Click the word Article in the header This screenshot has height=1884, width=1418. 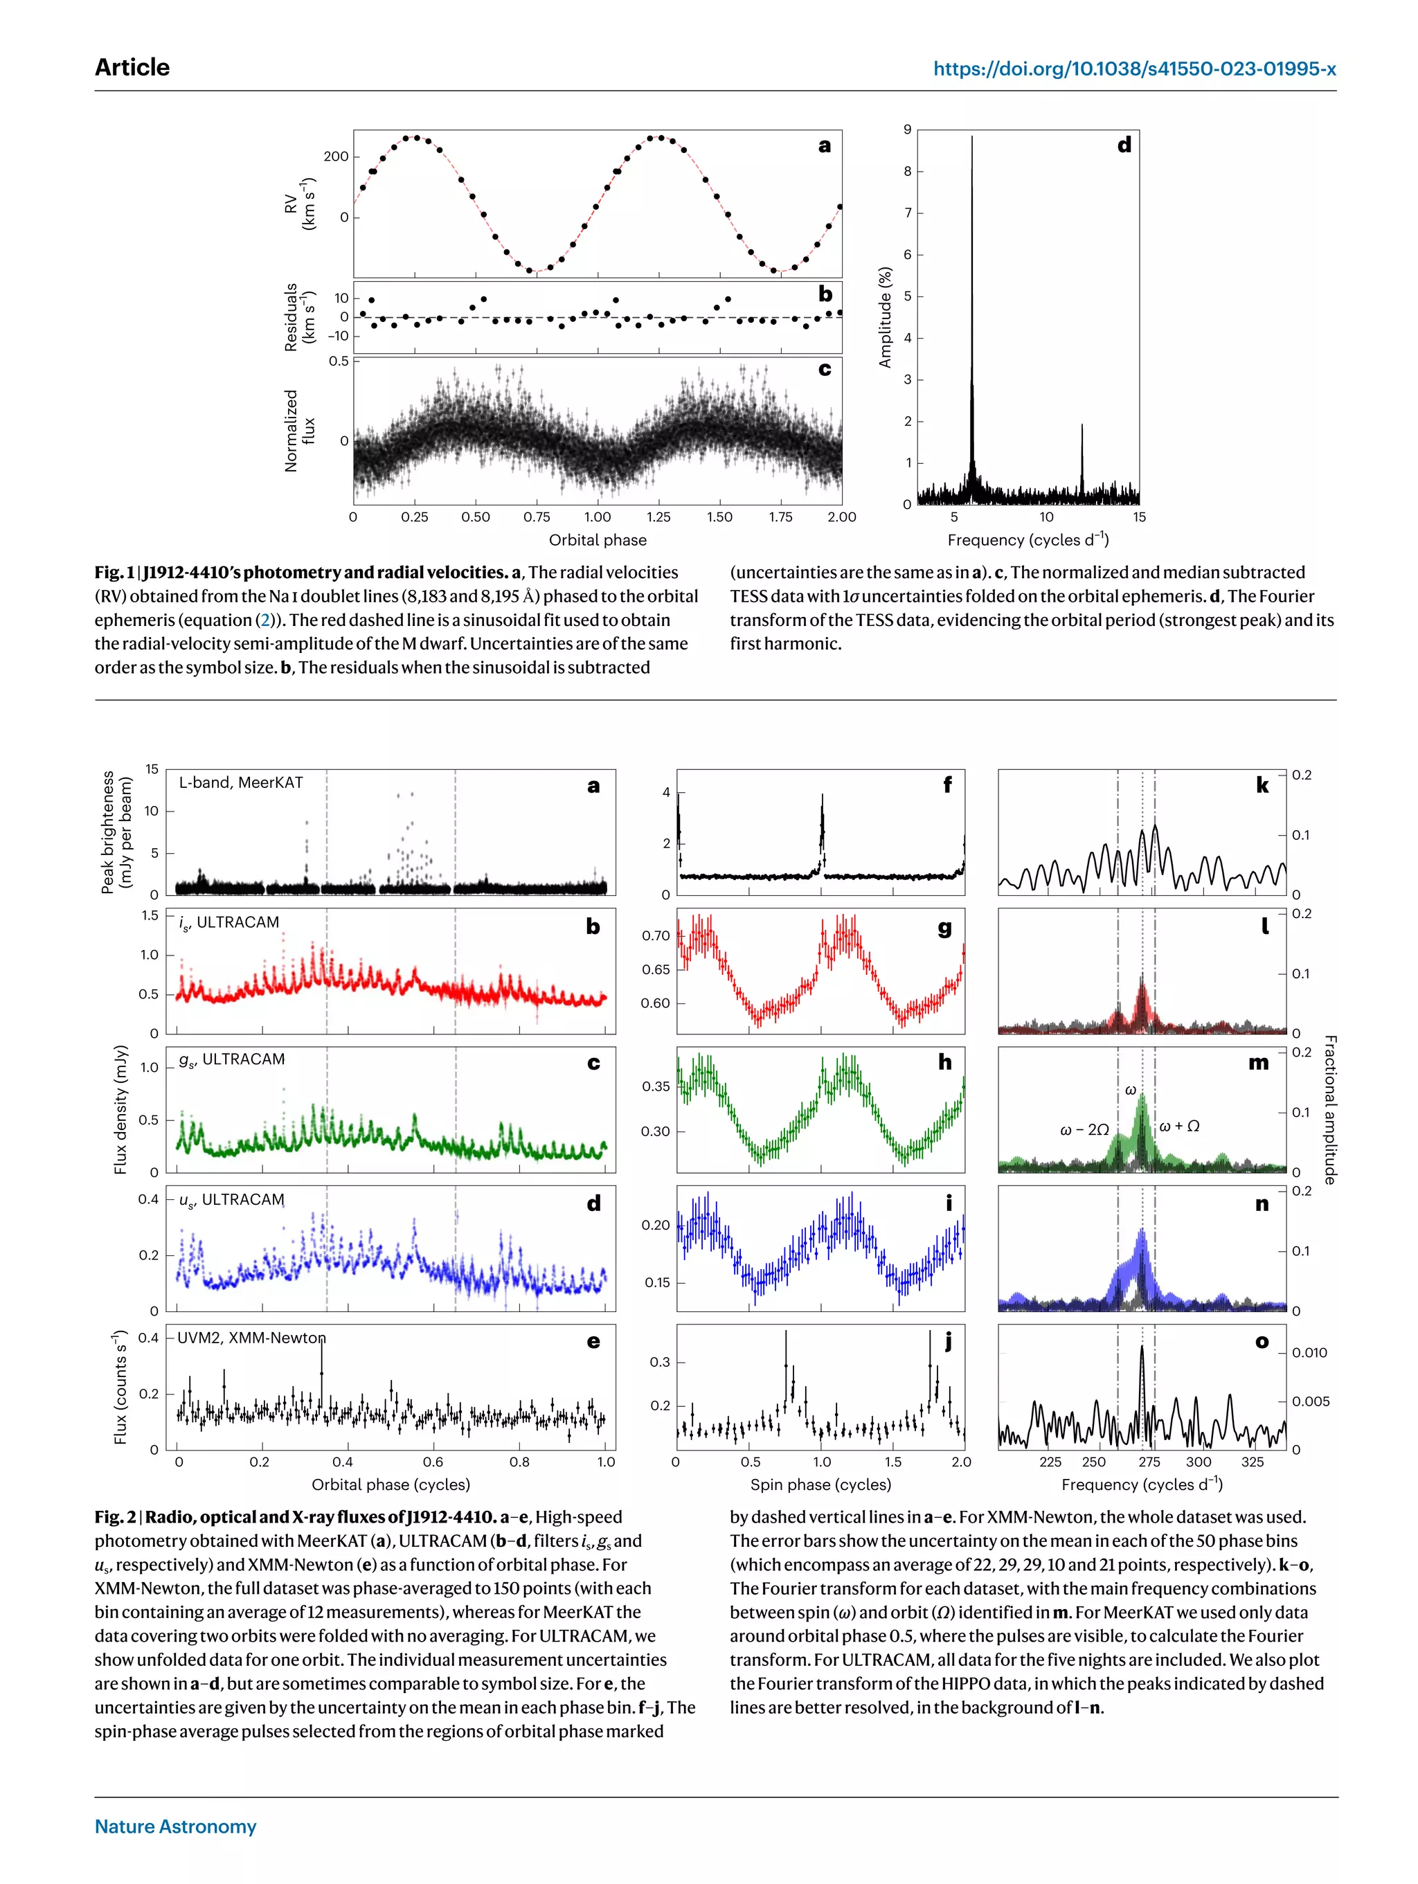pyautogui.click(x=132, y=67)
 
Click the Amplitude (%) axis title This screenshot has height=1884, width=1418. pyautogui.click(x=885, y=317)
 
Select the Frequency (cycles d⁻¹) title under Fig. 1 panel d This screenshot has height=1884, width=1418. pyautogui.click(x=1028, y=539)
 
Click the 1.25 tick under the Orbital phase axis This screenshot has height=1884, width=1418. pyautogui.click(x=658, y=517)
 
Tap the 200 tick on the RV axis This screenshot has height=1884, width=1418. pyautogui.click(x=336, y=156)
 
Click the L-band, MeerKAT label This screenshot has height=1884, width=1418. pyautogui.click(x=241, y=782)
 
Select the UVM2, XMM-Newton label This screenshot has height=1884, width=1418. pyautogui.click(x=251, y=1338)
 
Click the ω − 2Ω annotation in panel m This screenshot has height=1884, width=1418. pyautogui.click(x=1084, y=1129)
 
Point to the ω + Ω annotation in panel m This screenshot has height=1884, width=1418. pyautogui.click(x=1180, y=1126)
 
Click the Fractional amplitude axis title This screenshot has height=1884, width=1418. pyautogui.click(x=1329, y=1109)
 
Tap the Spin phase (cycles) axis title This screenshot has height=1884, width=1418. pyautogui.click(x=820, y=1484)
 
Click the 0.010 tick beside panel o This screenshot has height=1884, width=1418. pyautogui.click(x=1309, y=1352)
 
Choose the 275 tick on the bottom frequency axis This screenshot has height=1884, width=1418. pyautogui.click(x=1149, y=1462)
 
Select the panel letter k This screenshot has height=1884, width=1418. pyautogui.click(x=1262, y=785)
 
